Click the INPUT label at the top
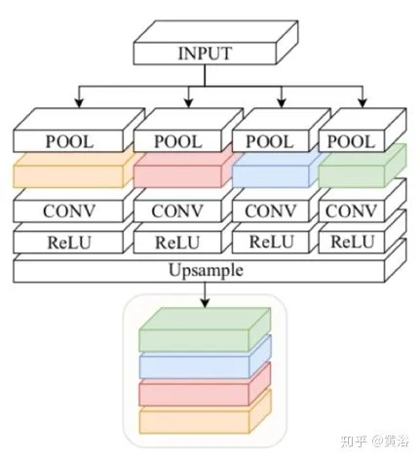205,54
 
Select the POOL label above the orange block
69,141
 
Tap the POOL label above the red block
178,141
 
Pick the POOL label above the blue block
270,141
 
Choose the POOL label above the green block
351,141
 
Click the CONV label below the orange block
69,211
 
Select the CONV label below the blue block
270,211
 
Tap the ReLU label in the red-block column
177,243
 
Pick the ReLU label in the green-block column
352,242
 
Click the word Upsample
206,270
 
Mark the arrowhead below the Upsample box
205,303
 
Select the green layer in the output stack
205,329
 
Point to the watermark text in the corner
374,441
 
